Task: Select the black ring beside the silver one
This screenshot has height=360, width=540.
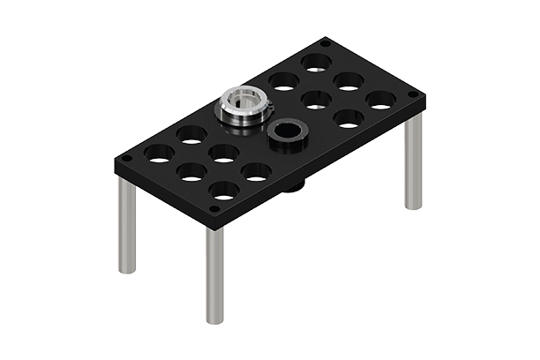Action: (285, 135)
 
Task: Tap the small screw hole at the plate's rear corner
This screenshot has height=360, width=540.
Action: (326, 41)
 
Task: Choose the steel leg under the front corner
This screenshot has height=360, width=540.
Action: (214, 274)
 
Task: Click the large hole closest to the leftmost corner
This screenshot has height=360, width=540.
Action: (160, 154)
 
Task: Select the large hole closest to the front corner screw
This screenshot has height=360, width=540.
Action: (224, 189)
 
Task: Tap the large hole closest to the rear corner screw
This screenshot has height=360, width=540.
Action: (315, 64)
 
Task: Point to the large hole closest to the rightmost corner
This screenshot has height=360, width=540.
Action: (379, 101)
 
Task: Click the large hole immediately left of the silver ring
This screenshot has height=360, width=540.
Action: (191, 135)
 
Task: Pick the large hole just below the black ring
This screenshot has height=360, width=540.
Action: (256, 171)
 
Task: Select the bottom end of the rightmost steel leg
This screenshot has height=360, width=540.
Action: (413, 206)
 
